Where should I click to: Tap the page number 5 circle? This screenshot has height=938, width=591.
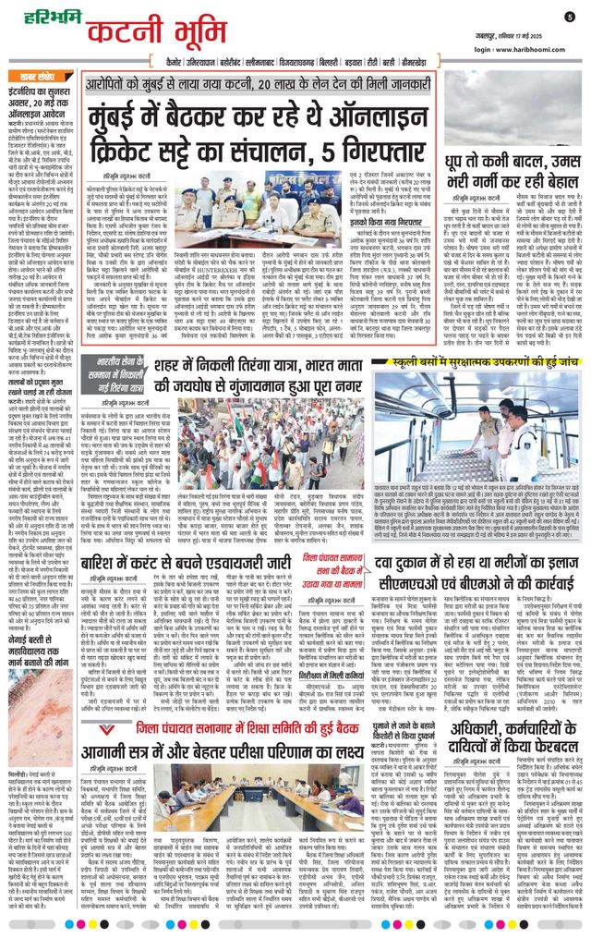(570, 16)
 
